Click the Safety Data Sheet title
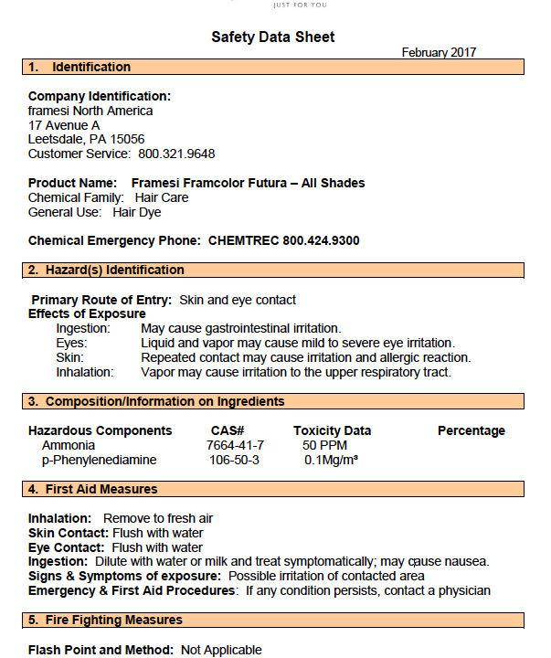click(273, 37)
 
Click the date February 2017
click(439, 53)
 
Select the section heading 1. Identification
click(79, 67)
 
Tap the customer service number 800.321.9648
click(176, 154)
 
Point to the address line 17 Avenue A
click(64, 125)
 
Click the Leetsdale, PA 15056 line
click(86, 140)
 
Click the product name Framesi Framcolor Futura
click(248, 183)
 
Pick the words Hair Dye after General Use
click(136, 212)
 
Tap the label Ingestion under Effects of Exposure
click(83, 328)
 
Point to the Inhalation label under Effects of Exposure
click(85, 372)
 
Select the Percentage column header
click(471, 430)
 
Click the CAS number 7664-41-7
click(235, 445)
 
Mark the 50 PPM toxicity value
click(323, 445)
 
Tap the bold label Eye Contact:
click(66, 547)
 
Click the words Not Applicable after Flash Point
click(221, 650)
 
